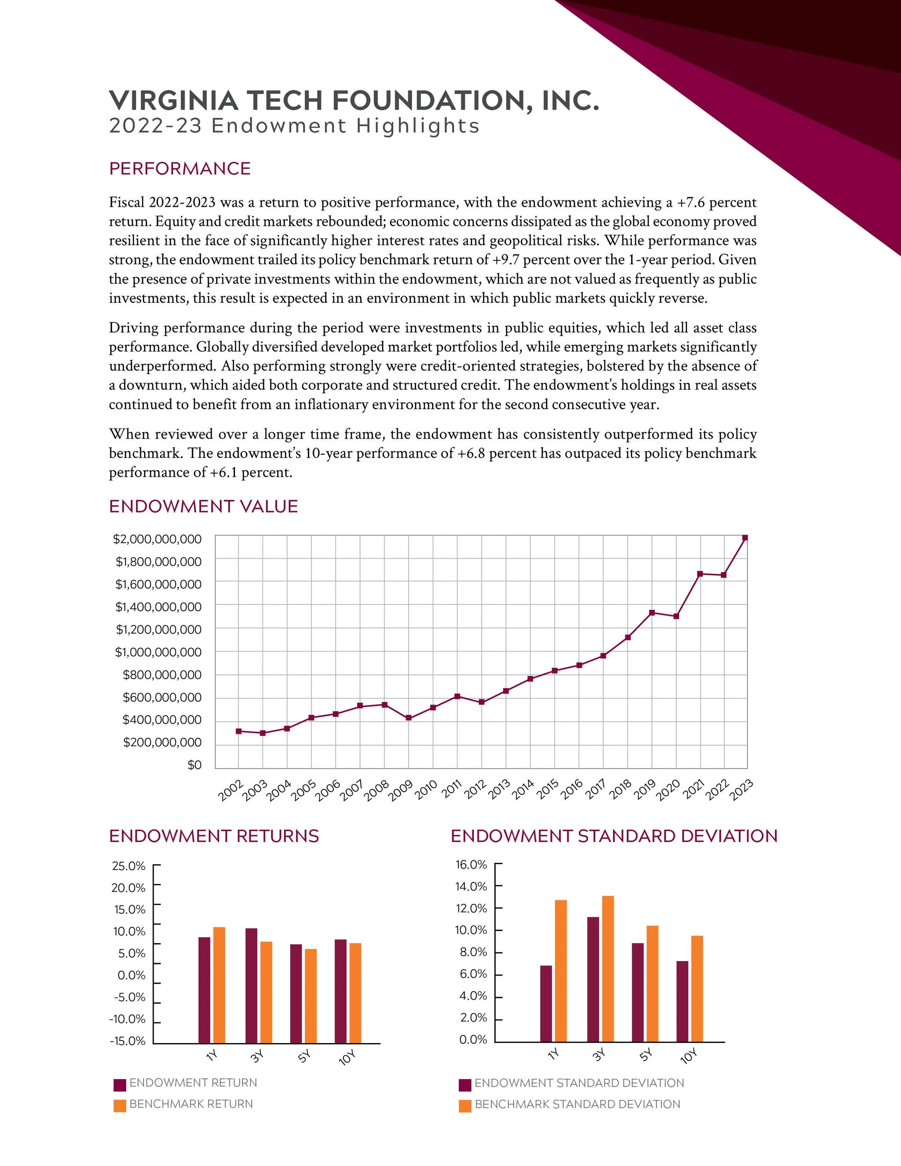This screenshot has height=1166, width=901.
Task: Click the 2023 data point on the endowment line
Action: (x=745, y=538)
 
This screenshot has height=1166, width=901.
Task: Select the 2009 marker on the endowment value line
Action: (x=408, y=718)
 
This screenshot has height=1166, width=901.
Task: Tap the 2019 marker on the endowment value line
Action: (x=652, y=612)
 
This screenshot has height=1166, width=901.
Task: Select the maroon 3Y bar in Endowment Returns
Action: (x=251, y=985)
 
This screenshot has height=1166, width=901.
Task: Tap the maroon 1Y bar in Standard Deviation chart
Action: (x=546, y=1004)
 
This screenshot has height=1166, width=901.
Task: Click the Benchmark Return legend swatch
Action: (x=120, y=1106)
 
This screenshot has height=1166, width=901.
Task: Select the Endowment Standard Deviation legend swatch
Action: (x=465, y=1085)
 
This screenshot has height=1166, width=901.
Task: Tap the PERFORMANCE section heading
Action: (x=180, y=169)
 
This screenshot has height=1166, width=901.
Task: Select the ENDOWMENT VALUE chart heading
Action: (x=203, y=506)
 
